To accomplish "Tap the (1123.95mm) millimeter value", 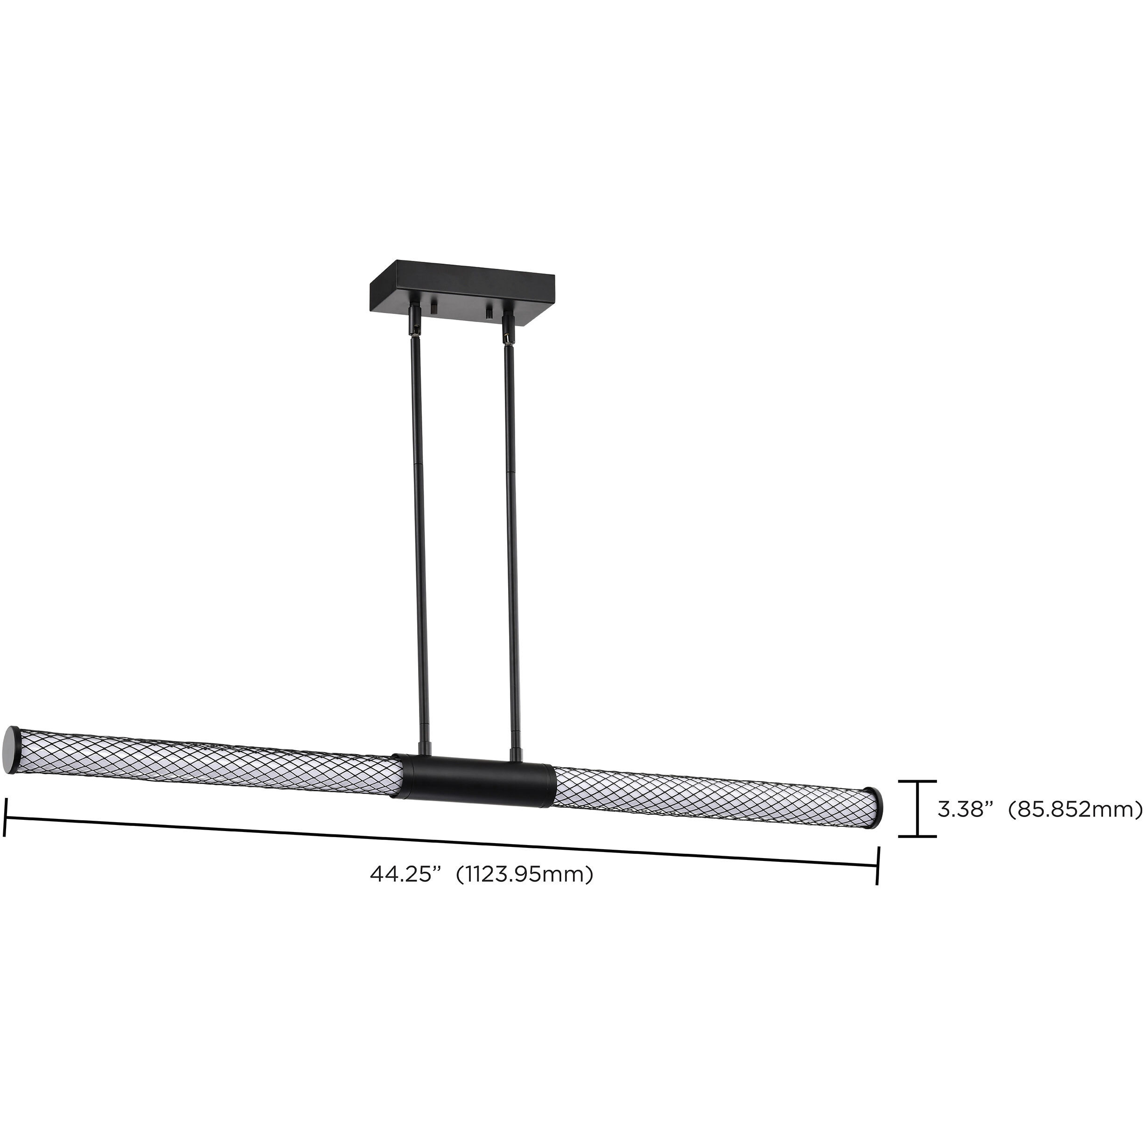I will (524, 874).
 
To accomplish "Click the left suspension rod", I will (418, 534).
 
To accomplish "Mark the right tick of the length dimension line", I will (877, 866).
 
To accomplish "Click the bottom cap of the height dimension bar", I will (917, 836).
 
